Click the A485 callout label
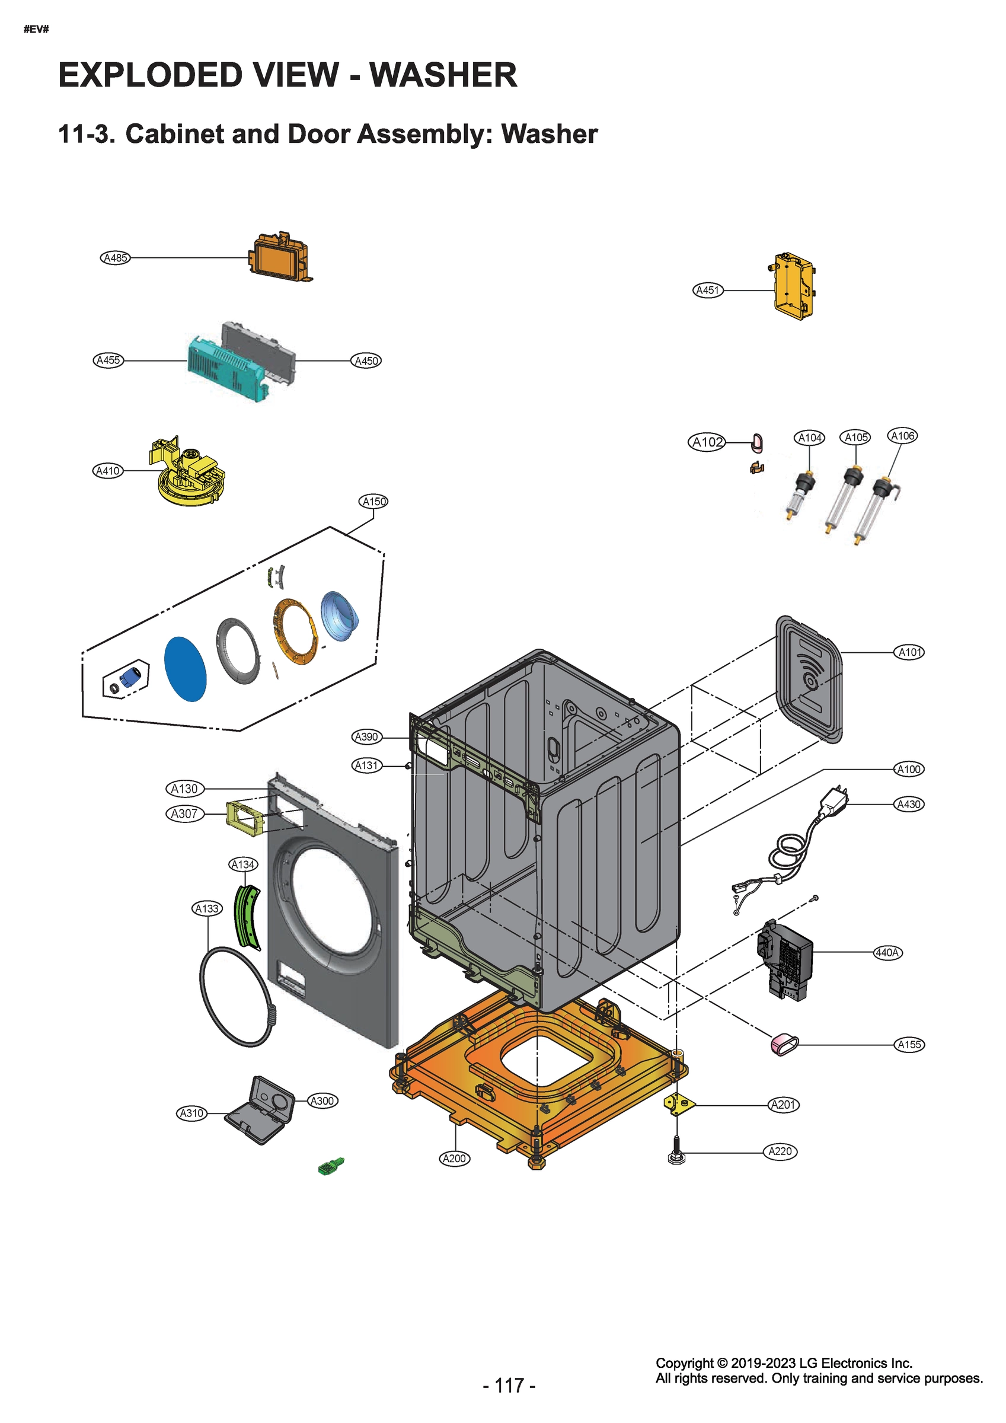point(115,258)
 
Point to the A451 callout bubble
point(708,290)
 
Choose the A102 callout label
point(707,442)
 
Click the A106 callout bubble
point(902,436)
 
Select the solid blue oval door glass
point(185,668)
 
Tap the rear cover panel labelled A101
point(809,678)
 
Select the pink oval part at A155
point(784,1045)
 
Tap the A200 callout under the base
point(454,1159)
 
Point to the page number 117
point(509,1385)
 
